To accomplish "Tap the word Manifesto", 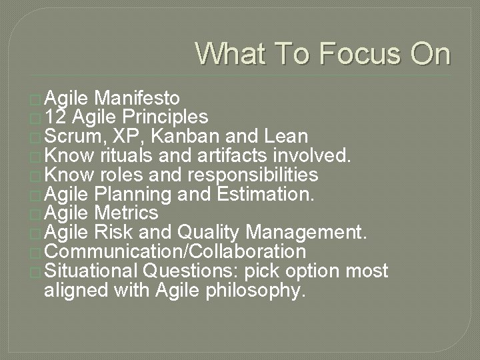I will [137, 99].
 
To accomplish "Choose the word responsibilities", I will [254, 175].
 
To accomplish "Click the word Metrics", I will [127, 213].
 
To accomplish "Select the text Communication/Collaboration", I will [175, 252].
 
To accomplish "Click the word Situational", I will [91, 271].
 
